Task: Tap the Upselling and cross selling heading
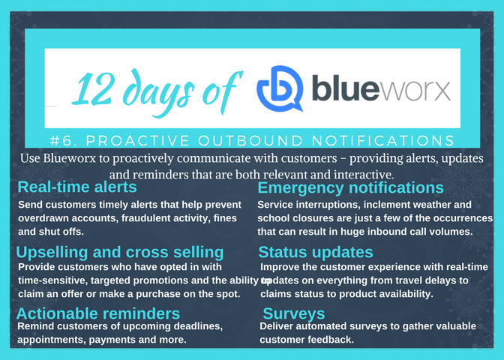click(x=119, y=251)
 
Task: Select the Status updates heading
click(x=316, y=251)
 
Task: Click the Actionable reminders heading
click(x=97, y=313)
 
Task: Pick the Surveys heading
click(x=294, y=313)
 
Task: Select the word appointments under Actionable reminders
click(x=52, y=340)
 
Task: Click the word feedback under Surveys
click(x=331, y=340)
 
